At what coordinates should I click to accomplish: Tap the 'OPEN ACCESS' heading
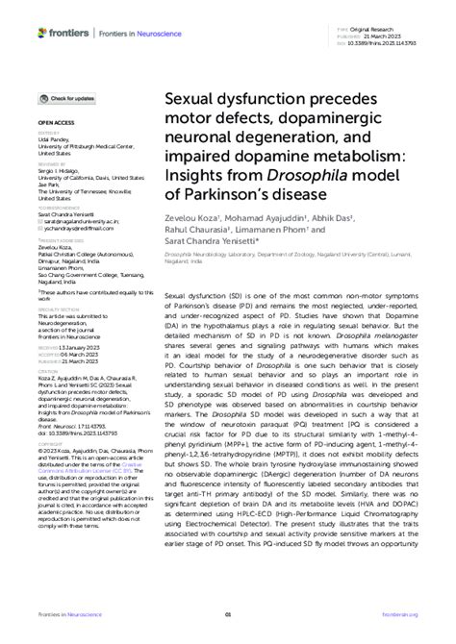tap(56, 125)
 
